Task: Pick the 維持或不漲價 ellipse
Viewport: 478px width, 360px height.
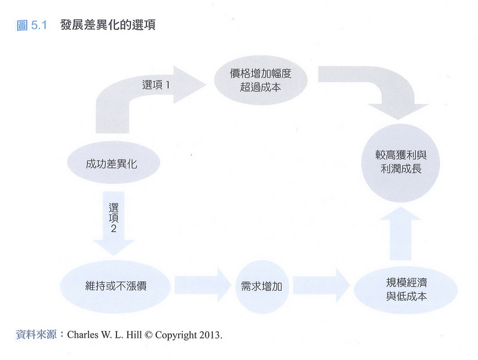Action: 117,285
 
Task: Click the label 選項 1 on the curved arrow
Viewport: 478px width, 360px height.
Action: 157,85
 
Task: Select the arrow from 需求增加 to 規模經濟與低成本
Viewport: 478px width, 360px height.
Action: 321,286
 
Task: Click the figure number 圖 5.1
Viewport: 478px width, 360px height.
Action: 32,26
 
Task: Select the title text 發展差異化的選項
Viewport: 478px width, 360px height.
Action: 108,26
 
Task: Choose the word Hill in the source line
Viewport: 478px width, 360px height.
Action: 134,335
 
